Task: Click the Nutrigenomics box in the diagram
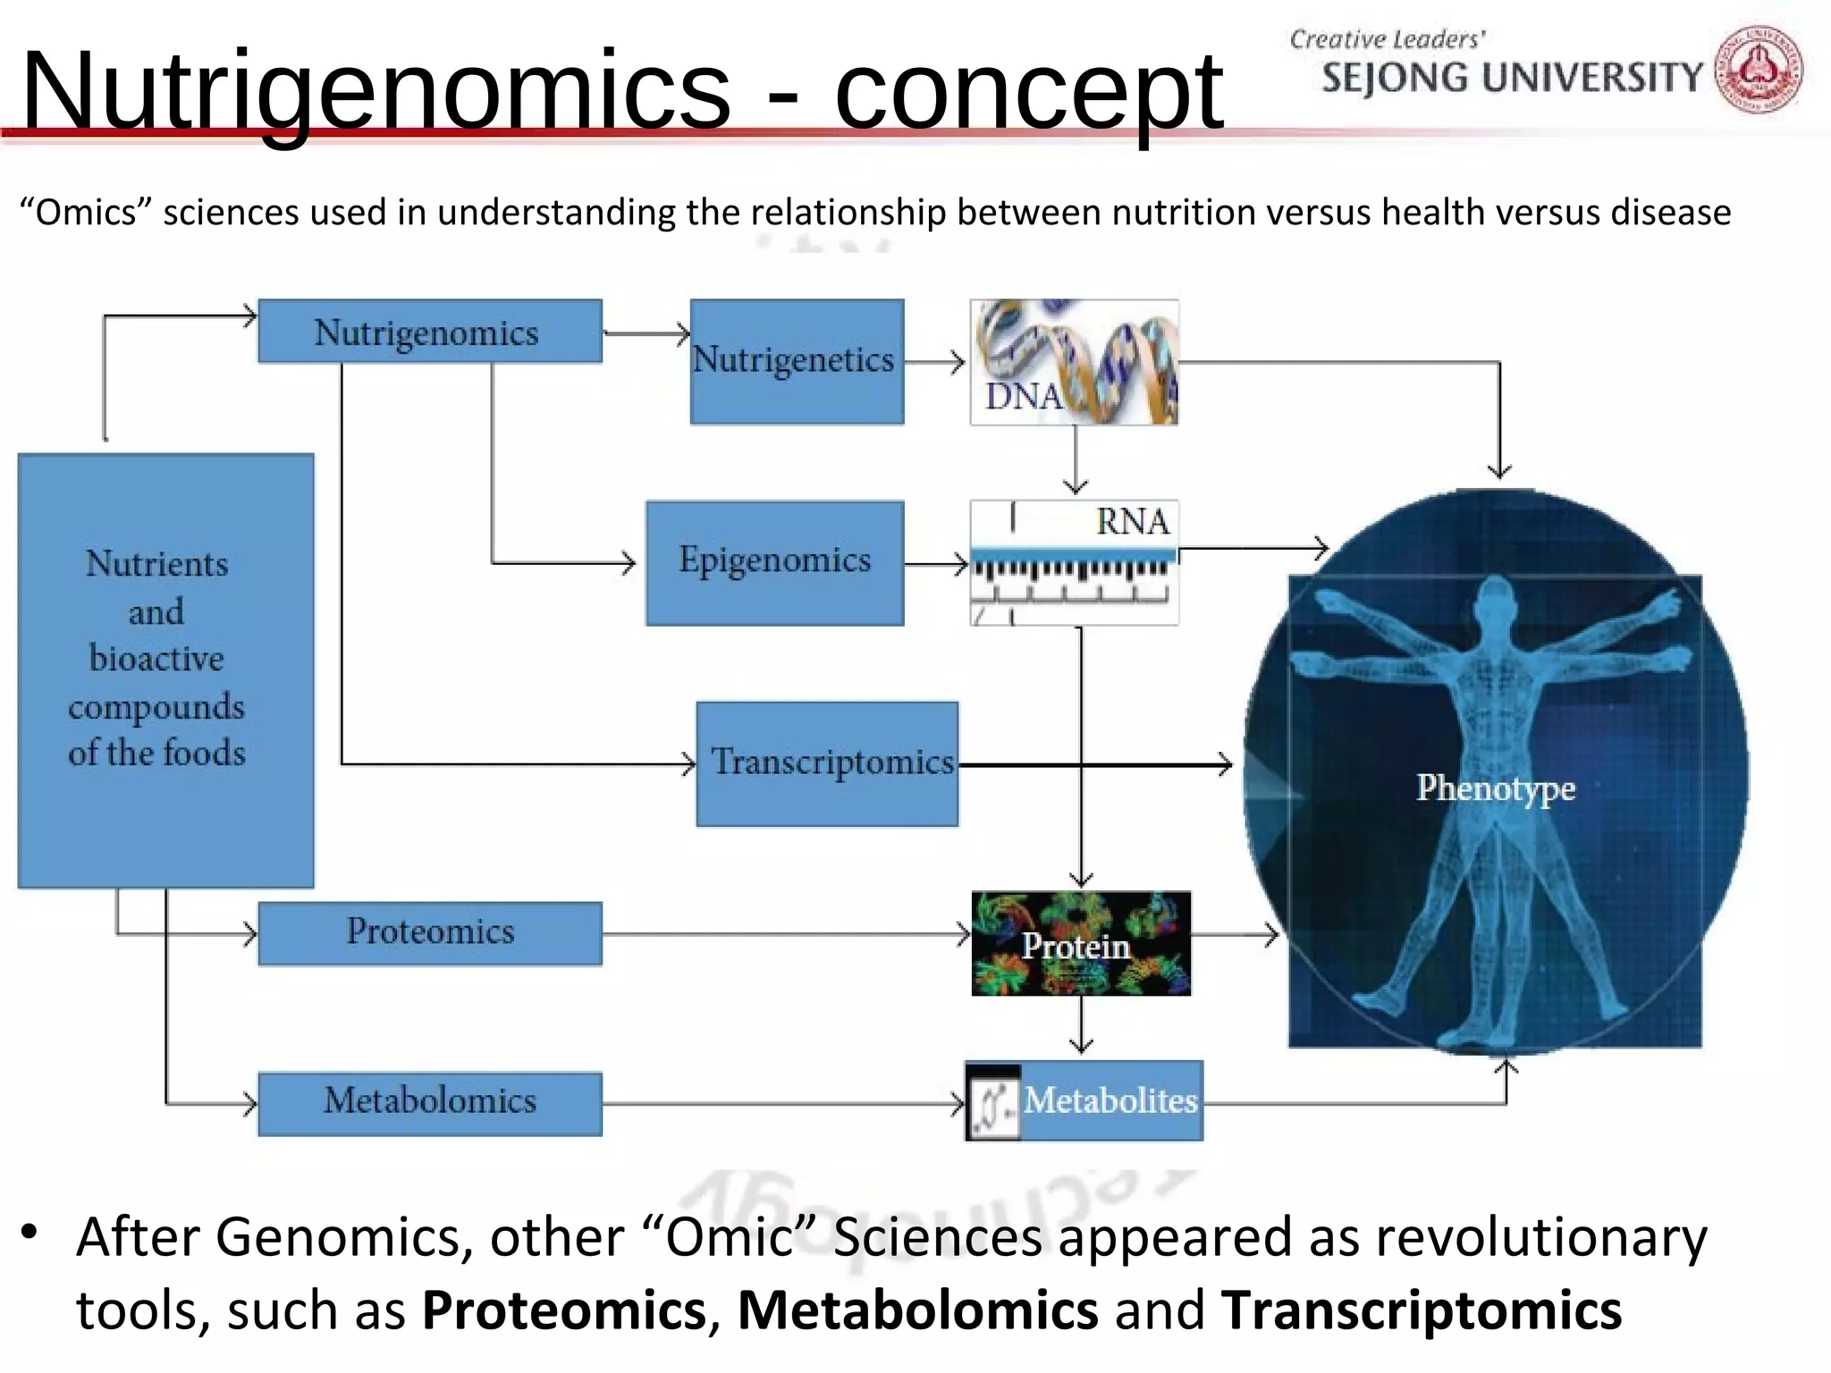429,332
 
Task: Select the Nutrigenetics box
797,361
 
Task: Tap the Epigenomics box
774,562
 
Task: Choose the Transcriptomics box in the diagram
827,763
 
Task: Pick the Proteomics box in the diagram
429,933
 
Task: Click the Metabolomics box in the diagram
429,1103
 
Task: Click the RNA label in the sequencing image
1132,521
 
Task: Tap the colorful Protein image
1080,944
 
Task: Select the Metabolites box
1109,1100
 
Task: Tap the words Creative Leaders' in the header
1387,39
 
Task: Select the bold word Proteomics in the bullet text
564,1310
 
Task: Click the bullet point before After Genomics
30,1233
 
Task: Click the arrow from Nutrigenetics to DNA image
935,362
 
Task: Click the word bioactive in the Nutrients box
156,659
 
